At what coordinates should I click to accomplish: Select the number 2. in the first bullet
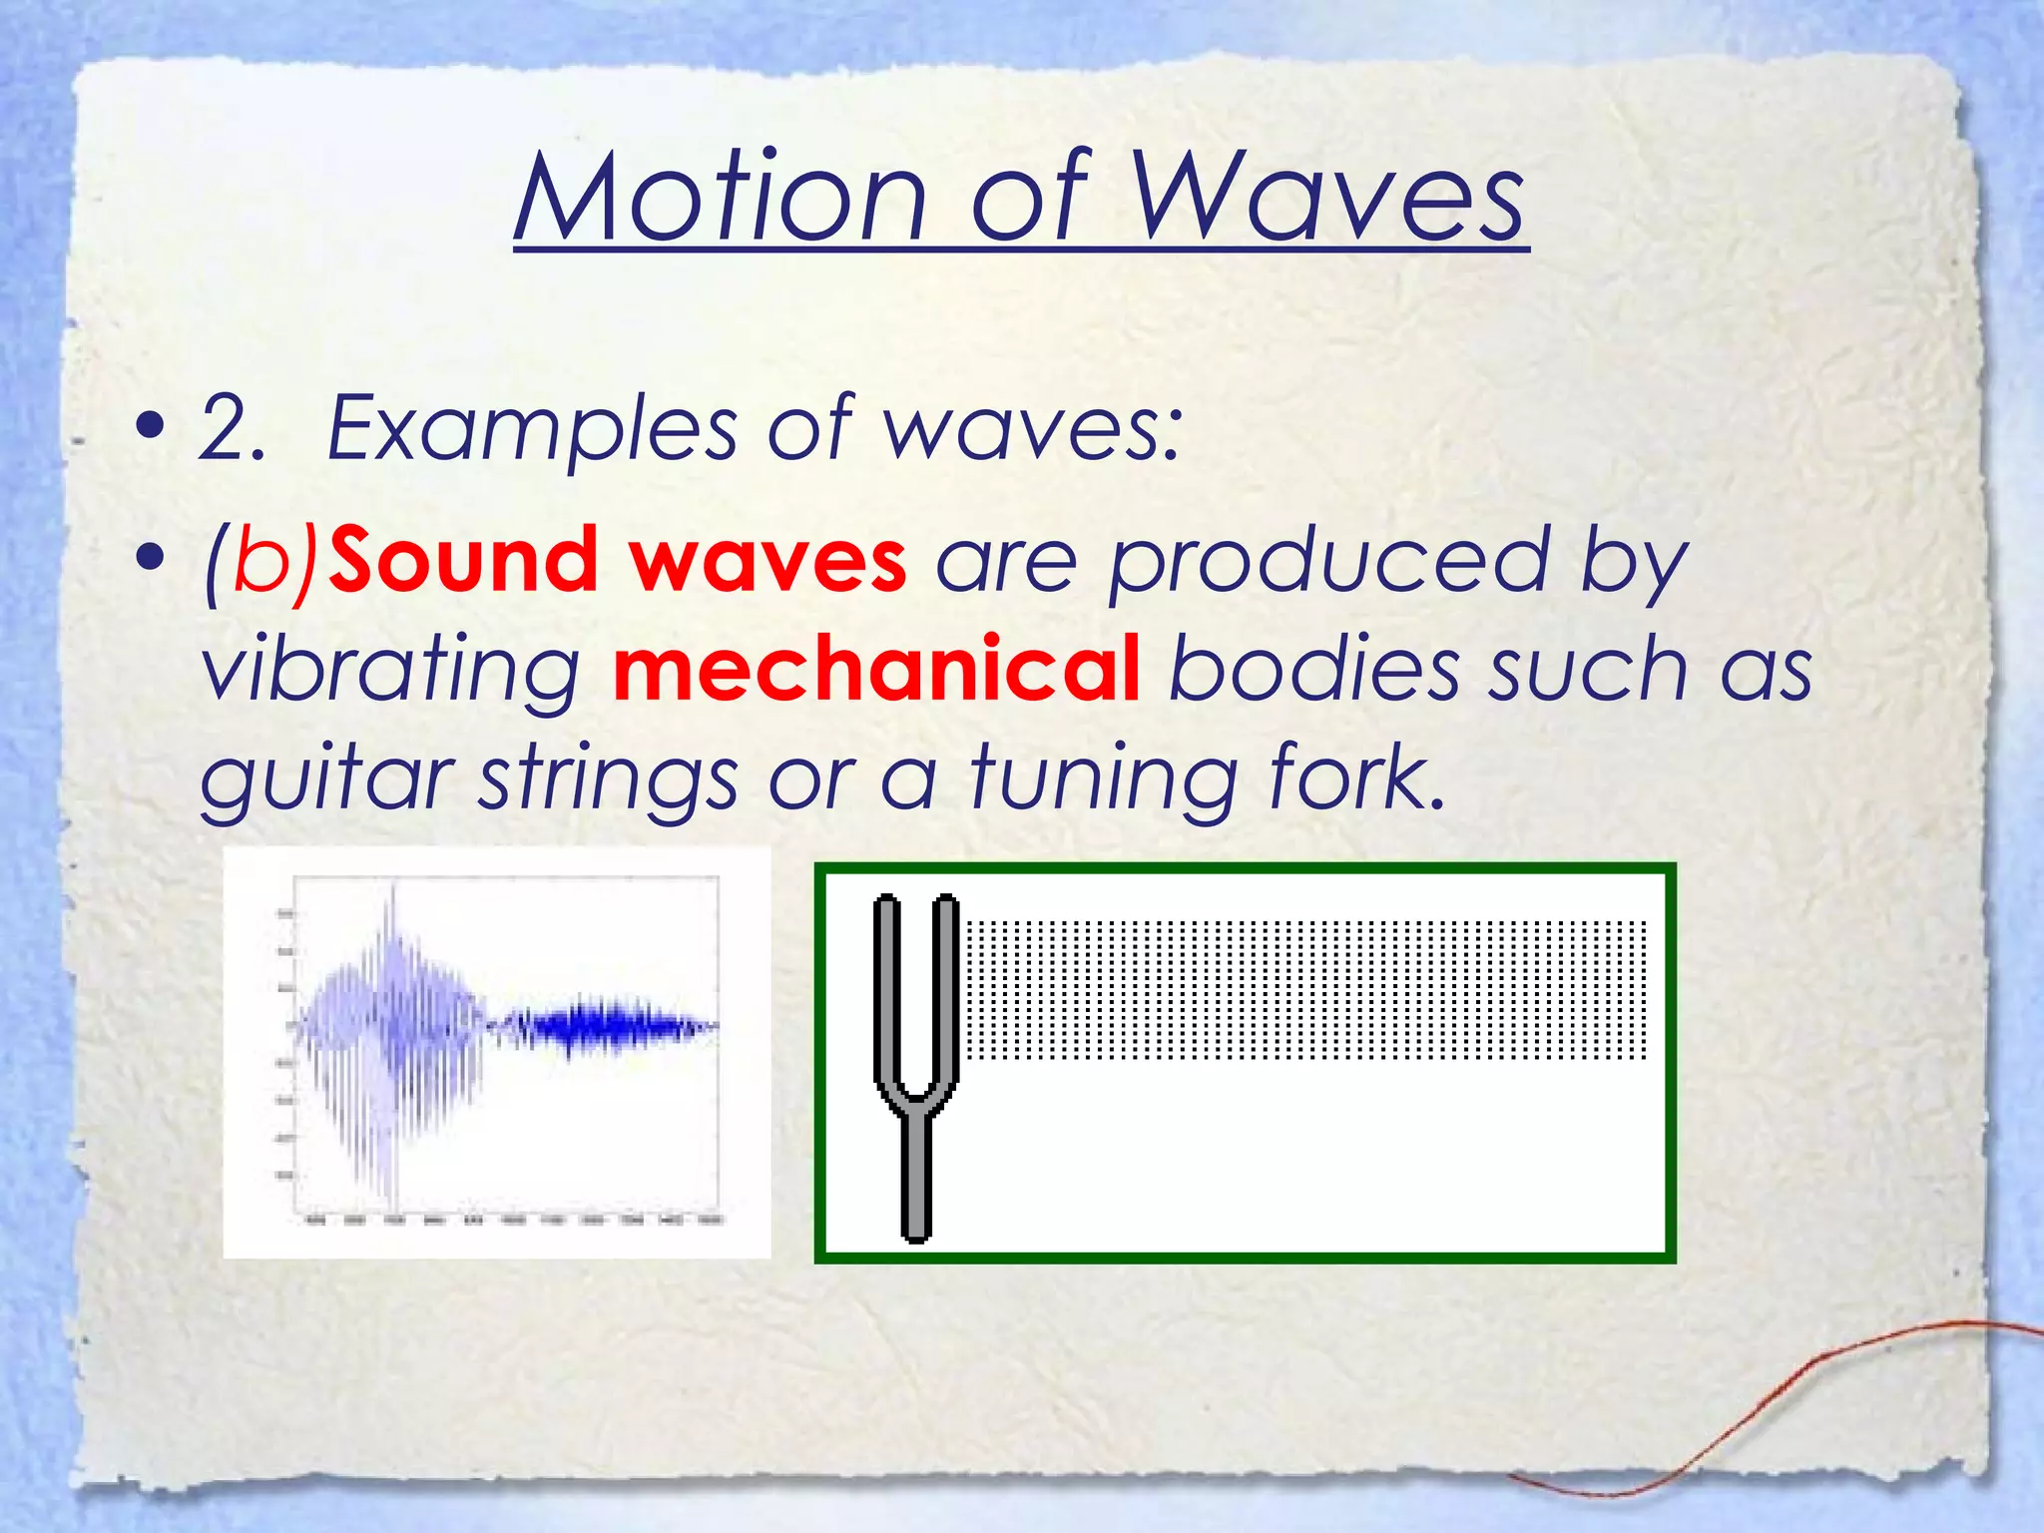coord(232,429)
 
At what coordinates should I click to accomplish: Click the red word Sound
coord(463,561)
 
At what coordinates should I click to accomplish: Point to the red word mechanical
coord(876,670)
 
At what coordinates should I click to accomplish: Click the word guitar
coord(327,779)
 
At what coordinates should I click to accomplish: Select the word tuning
coord(1104,779)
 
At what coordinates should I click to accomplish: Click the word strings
coord(609,779)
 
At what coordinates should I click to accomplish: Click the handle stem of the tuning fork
coord(915,1178)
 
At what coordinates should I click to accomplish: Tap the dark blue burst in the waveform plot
coord(599,1026)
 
